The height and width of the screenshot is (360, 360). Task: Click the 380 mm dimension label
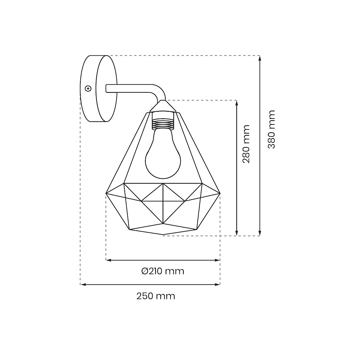coord(272,129)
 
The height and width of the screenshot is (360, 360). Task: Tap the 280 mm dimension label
coord(246,144)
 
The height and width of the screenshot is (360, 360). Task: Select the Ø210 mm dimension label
coord(163,271)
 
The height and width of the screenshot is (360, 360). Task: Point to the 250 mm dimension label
coord(156,296)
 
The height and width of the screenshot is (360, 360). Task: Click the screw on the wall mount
coord(88,88)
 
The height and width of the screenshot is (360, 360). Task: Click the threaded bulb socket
coord(163,124)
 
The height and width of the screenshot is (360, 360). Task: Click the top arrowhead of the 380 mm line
coord(260,58)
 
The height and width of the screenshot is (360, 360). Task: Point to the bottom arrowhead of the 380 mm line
coord(260,233)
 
